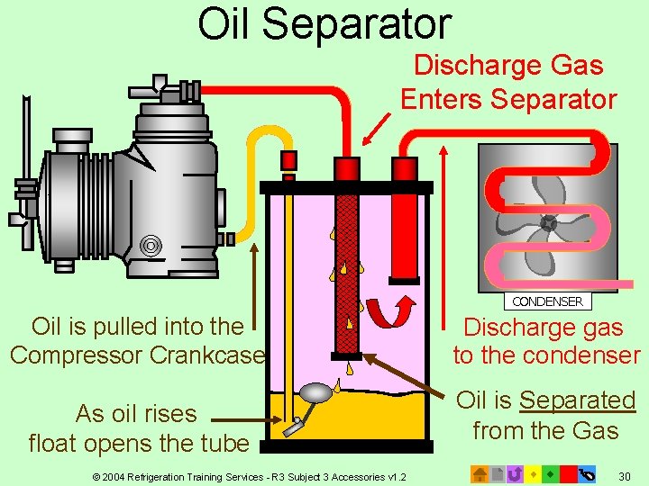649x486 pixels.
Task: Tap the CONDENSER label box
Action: tap(547, 301)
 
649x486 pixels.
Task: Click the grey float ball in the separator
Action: tap(316, 393)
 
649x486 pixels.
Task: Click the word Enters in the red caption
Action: tap(442, 98)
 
